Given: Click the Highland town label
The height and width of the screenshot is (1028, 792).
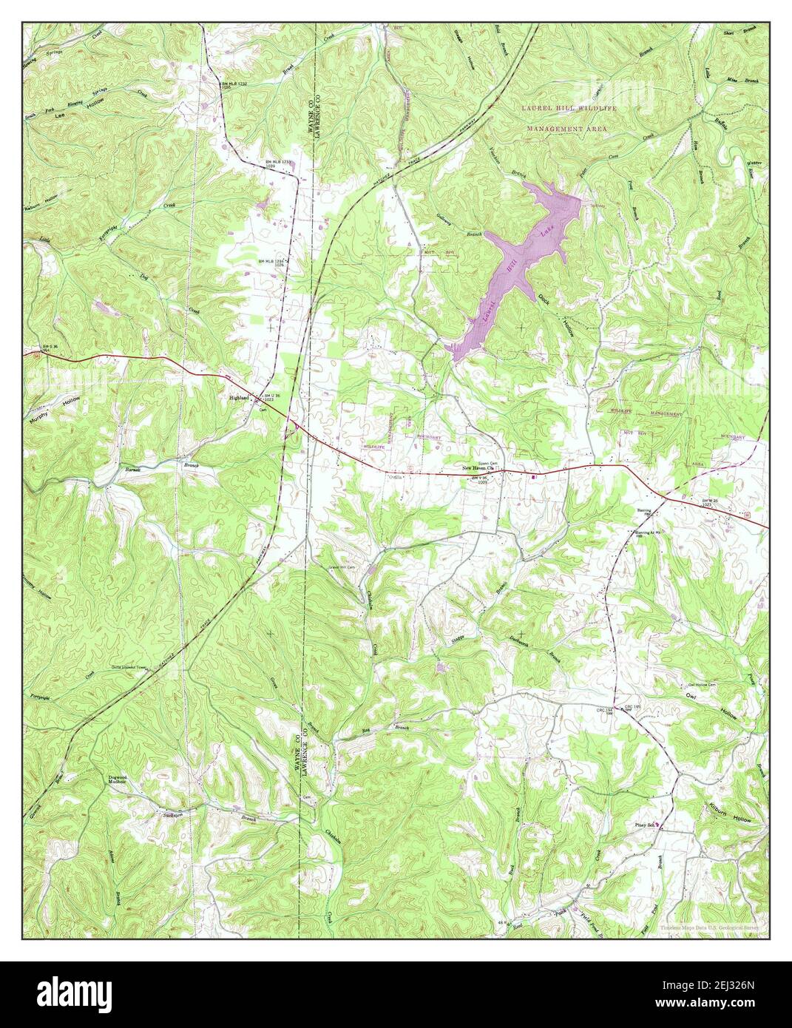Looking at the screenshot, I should [x=240, y=397].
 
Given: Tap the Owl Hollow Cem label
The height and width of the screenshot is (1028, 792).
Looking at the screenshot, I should [x=702, y=686].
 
